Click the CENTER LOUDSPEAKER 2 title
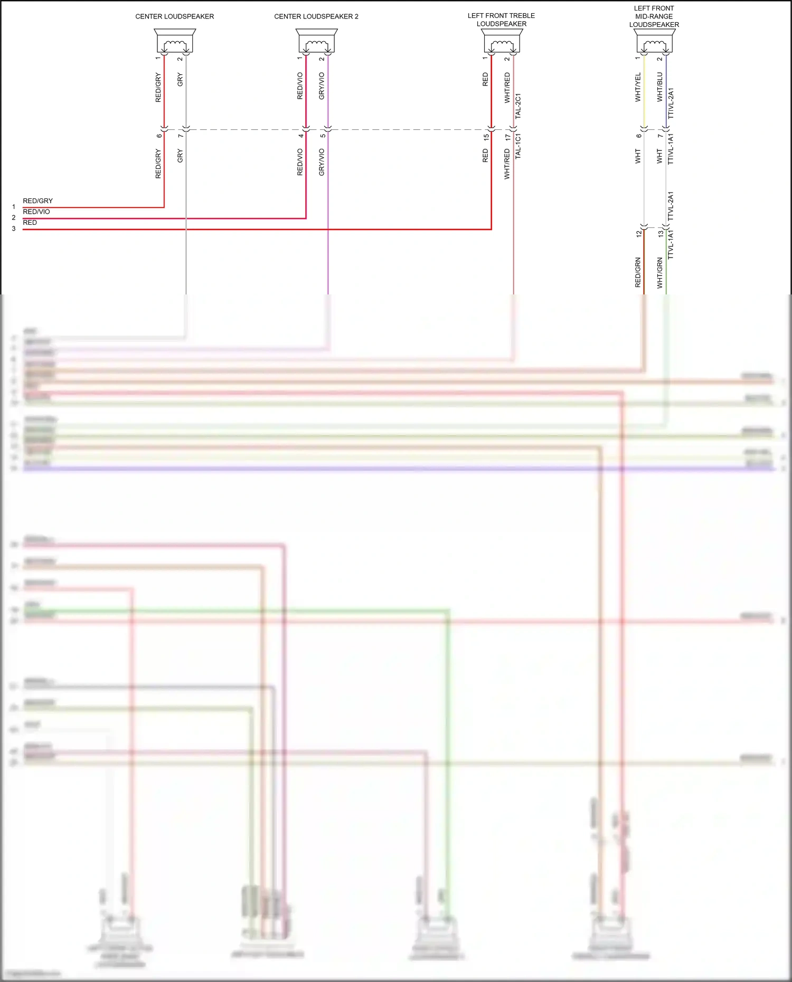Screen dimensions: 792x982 (x=316, y=16)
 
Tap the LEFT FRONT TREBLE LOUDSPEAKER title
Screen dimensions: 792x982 (x=501, y=20)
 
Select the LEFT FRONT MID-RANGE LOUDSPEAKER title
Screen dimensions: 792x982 (x=654, y=16)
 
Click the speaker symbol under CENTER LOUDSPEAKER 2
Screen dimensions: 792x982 (x=316, y=41)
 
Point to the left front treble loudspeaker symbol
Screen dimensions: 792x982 (x=502, y=41)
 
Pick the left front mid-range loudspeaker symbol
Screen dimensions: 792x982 (x=654, y=41)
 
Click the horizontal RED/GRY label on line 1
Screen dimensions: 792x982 (x=37, y=201)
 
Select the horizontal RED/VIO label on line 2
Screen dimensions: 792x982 (x=36, y=212)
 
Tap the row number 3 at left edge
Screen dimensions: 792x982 (x=14, y=228)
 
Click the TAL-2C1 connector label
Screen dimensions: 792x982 (x=518, y=106)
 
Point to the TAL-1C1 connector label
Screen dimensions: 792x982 (x=518, y=146)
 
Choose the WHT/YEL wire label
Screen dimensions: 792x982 (x=638, y=87)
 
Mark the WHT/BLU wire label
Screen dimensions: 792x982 (x=659, y=87)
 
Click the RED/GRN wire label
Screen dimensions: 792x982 (x=638, y=272)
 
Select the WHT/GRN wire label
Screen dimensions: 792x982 (x=659, y=273)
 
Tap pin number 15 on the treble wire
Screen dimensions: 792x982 (x=486, y=137)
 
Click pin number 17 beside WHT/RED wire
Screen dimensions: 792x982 (x=508, y=137)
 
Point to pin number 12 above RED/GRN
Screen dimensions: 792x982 (x=639, y=233)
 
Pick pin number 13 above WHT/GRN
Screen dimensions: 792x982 (x=661, y=233)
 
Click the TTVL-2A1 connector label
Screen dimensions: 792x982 (x=671, y=206)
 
